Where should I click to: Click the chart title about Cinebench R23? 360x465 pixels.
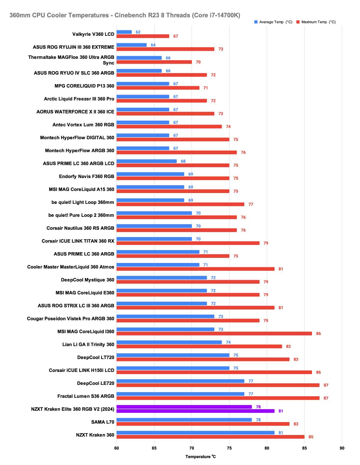pyautogui.click(x=125, y=15)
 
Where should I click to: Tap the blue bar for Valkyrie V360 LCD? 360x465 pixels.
pyautogui.click(x=124, y=32)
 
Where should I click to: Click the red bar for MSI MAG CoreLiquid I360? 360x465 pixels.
pyautogui.click(x=214, y=334)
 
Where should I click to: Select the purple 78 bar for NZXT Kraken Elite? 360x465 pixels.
pyautogui.click(x=184, y=407)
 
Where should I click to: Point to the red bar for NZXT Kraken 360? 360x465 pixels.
pyautogui.click(x=210, y=437)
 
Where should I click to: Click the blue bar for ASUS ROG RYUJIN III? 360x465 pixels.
pyautogui.click(x=131, y=45)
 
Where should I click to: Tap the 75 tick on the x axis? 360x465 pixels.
pyautogui.click(x=229, y=448)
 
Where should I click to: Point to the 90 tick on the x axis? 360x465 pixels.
pyautogui.click(x=342, y=448)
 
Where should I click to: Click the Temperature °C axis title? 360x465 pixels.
pyautogui.click(x=200, y=457)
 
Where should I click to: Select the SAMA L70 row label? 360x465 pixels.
pyautogui.click(x=103, y=422)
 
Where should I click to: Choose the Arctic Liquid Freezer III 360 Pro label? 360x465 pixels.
pyautogui.click(x=79, y=99)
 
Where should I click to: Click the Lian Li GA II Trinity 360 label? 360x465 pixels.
pyautogui.click(x=88, y=344)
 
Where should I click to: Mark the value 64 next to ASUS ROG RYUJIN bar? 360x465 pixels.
pyautogui.click(x=153, y=45)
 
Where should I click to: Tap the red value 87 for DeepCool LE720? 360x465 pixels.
pyautogui.click(x=326, y=385)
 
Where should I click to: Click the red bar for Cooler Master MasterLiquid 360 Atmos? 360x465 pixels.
pyautogui.click(x=195, y=269)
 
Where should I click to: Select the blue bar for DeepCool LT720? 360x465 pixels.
pyautogui.click(x=173, y=355)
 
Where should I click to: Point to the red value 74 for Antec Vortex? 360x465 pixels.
pyautogui.click(x=228, y=127)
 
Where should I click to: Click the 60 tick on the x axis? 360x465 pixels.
pyautogui.click(x=116, y=448)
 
